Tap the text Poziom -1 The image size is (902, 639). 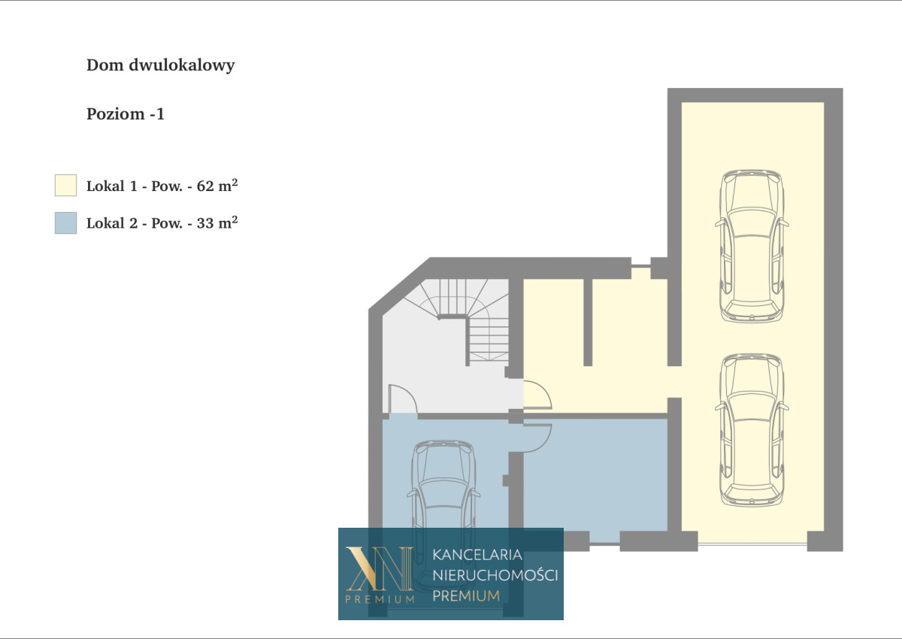[126, 114]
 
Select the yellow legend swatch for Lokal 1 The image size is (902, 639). [65, 185]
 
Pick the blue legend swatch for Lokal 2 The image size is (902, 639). [65, 223]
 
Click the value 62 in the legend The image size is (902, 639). [205, 186]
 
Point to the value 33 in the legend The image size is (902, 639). [205, 223]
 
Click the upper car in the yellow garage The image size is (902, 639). [752, 246]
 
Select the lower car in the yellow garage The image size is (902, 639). [752, 430]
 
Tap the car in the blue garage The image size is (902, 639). [443, 516]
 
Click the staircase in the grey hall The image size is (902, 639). [463, 318]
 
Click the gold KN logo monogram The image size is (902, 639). [380, 568]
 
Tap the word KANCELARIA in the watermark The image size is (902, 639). [477, 555]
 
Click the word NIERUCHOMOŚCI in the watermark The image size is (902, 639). [495, 575]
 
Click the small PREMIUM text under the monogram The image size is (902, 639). [380, 600]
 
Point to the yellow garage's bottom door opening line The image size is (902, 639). [752, 544]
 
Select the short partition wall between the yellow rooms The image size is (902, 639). [588, 322]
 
